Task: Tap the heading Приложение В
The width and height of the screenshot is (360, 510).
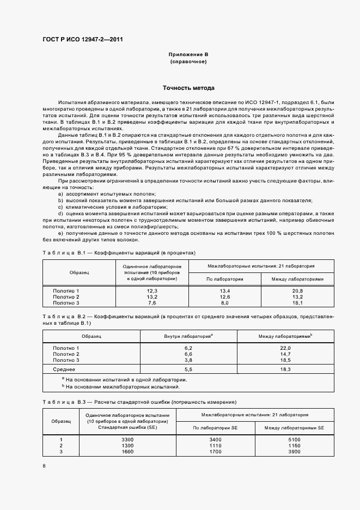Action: (x=188, y=55)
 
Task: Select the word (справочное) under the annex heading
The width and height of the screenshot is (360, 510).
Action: (x=188, y=62)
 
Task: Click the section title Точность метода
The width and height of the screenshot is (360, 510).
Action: (x=188, y=88)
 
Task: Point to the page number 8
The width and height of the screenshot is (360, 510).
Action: (x=44, y=465)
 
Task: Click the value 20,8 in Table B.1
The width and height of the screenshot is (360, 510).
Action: (x=297, y=292)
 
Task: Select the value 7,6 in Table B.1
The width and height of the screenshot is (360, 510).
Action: (x=152, y=302)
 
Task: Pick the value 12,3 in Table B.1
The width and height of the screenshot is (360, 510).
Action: (x=152, y=292)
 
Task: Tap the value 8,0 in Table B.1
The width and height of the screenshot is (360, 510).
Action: (x=224, y=302)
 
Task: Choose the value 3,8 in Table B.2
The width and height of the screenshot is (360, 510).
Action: (x=189, y=360)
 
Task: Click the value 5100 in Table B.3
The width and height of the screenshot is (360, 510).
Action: (x=294, y=439)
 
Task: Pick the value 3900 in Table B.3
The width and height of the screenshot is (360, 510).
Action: (x=294, y=452)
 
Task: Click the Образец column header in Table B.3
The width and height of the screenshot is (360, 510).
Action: (x=61, y=421)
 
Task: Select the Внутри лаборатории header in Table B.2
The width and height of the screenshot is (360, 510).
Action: (x=188, y=336)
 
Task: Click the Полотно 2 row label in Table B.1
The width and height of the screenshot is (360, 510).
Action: (x=66, y=297)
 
